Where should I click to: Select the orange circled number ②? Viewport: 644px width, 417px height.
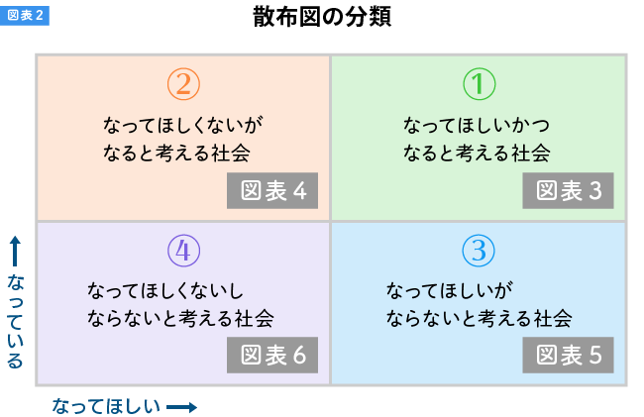click(x=183, y=85)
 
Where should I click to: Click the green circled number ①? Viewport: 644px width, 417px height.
click(x=479, y=85)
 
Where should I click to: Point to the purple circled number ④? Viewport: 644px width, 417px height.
click(x=183, y=251)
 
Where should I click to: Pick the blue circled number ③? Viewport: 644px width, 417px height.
click(x=479, y=251)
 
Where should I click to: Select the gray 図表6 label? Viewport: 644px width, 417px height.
click(x=272, y=355)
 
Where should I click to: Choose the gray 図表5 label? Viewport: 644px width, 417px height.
click(x=569, y=355)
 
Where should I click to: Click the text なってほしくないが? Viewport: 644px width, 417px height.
click(x=183, y=126)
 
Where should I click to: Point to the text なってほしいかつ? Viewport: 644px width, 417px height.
click(x=476, y=126)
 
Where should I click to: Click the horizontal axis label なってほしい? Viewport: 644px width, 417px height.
click(x=106, y=406)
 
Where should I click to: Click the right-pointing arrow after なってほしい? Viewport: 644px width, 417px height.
click(x=181, y=406)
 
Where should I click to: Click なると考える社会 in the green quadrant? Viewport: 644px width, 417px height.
click(x=476, y=154)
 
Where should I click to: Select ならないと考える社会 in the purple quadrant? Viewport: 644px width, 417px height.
click(x=180, y=319)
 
